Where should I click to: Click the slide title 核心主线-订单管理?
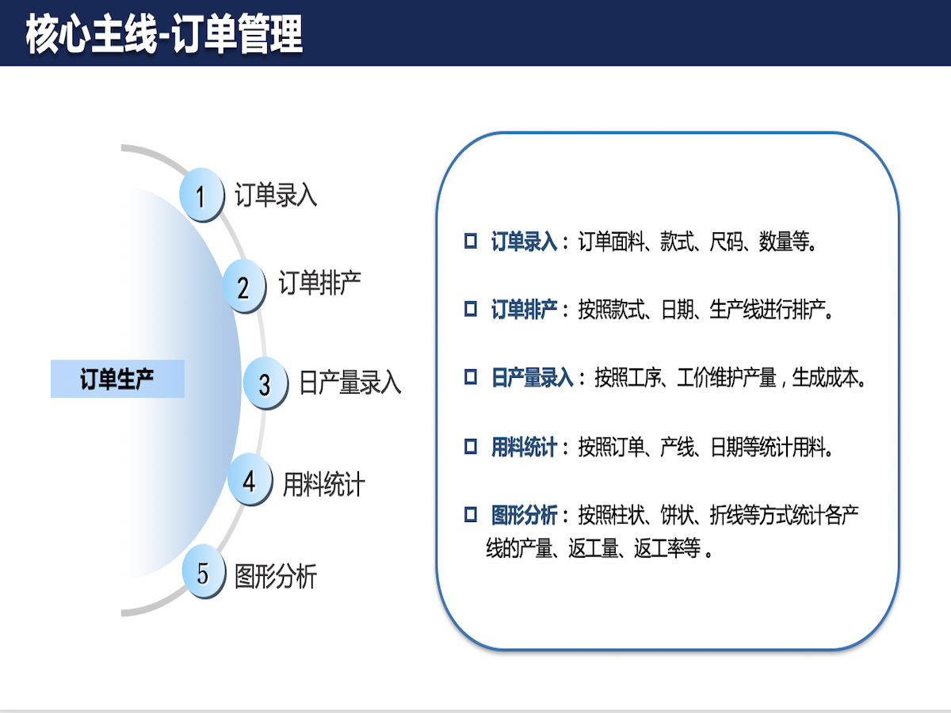(164, 34)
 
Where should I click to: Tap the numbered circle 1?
(201, 194)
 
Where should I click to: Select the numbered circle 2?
(244, 286)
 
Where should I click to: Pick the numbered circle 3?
(265, 383)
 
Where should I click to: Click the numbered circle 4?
(250, 479)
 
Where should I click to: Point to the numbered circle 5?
(204, 571)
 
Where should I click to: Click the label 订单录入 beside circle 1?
(276, 195)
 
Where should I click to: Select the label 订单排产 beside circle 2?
(319, 283)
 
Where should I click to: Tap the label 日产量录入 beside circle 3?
(350, 382)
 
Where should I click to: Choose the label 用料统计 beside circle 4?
(323, 484)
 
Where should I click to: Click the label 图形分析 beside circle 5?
(276, 576)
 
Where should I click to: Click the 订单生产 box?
(117, 379)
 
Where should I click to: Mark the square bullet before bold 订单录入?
(471, 241)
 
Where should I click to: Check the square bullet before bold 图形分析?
(471, 515)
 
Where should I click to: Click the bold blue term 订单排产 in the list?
(524, 310)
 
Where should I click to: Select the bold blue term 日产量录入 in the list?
(532, 378)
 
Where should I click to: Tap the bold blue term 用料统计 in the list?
(524, 447)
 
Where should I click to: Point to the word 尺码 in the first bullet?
(726, 242)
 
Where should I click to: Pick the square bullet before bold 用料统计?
(471, 446)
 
